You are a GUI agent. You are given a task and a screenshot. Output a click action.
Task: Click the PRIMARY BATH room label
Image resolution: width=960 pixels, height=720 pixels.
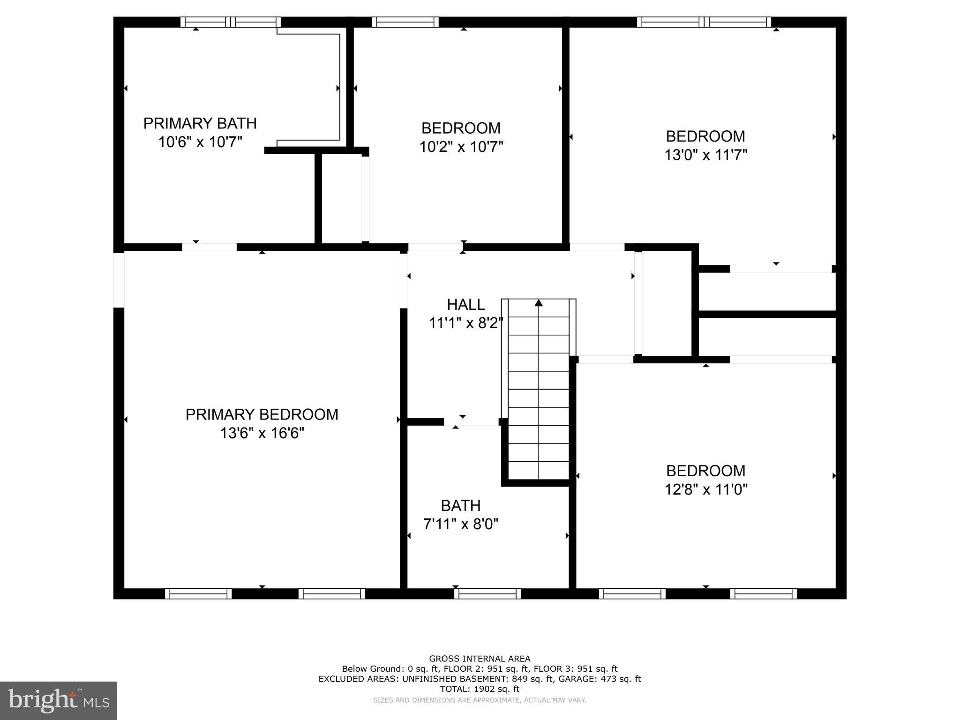(x=200, y=123)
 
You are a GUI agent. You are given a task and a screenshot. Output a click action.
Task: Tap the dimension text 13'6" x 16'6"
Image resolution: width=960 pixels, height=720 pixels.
(x=262, y=433)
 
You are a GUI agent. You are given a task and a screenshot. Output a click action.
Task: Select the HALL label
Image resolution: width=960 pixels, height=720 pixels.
(x=465, y=305)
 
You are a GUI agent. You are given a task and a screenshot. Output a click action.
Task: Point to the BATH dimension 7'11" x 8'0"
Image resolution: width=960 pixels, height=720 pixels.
(x=461, y=524)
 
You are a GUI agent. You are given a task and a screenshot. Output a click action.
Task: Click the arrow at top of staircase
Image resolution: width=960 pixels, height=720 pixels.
(x=539, y=303)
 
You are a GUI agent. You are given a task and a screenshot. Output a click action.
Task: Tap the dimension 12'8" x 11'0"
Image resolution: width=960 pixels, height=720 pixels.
(x=705, y=489)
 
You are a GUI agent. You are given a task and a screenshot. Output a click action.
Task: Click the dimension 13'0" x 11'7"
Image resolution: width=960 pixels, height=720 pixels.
(x=705, y=155)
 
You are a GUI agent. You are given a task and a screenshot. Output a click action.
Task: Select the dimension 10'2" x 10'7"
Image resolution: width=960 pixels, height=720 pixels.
(x=461, y=147)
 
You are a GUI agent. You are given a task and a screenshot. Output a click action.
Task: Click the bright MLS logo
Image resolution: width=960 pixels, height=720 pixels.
(x=58, y=701)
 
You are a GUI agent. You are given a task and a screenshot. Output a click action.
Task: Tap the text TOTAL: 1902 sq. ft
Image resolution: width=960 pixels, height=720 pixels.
(x=480, y=689)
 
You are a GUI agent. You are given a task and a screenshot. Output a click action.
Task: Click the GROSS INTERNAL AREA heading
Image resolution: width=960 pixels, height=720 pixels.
(x=480, y=659)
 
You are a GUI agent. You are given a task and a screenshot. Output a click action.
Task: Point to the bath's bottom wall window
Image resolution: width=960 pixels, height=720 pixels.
(x=487, y=593)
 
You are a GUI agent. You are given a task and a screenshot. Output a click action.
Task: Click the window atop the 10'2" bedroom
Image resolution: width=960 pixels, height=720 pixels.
(x=405, y=22)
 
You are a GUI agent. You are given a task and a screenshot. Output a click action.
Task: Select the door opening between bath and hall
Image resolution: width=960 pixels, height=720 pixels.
(x=471, y=422)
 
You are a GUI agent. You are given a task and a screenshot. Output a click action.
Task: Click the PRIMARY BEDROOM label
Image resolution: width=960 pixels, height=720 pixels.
(x=262, y=414)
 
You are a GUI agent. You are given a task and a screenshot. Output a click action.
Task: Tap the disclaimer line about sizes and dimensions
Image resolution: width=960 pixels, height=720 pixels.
(x=480, y=700)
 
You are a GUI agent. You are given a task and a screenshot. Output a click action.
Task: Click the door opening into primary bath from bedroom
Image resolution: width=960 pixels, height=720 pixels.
(x=209, y=247)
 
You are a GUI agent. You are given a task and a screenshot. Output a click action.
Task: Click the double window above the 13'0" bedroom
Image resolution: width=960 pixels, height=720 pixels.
(x=704, y=22)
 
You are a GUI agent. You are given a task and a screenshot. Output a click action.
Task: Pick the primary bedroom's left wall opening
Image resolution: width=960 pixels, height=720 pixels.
(x=119, y=280)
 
